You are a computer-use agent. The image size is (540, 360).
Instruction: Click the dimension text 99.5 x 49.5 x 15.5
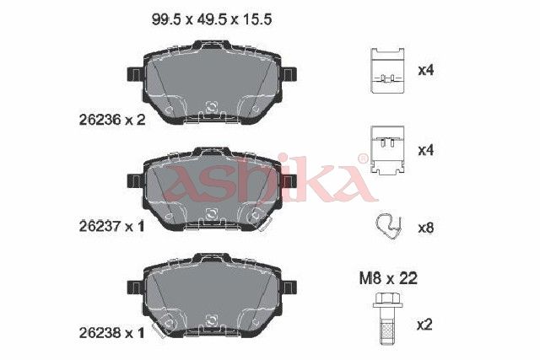coord(212,19)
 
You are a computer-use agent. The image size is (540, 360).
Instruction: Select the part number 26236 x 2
coord(112,120)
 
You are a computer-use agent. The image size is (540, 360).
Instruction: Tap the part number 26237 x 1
coord(111,227)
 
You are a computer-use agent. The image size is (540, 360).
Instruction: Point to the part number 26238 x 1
coord(111,333)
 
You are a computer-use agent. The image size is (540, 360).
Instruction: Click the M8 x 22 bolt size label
coord(388,278)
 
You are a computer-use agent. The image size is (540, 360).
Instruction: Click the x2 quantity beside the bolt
coord(424,325)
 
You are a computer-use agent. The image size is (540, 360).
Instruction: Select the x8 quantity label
coord(425,228)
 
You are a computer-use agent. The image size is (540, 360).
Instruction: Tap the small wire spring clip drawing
coord(388,227)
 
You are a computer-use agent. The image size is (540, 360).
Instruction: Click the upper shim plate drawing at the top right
coord(387,71)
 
